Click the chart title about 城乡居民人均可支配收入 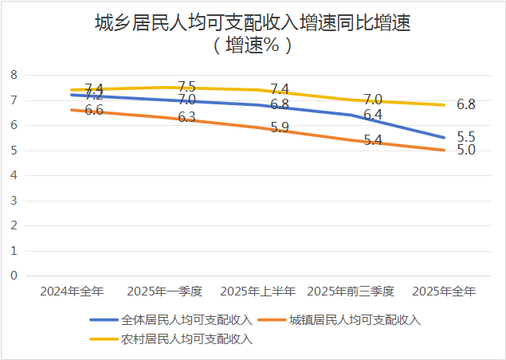coord(253,24)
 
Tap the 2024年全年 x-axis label coord(71,292)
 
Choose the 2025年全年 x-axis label coord(444,292)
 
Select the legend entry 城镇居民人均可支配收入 coord(355,321)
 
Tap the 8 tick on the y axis coord(14,75)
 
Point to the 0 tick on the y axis coord(14,276)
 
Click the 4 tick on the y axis coord(14,175)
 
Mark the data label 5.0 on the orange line coord(466,151)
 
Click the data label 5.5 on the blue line coord(466,137)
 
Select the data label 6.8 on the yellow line coord(466,104)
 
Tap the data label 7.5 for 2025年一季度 coord(187,86)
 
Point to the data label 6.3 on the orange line coord(187,117)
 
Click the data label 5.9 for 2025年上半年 coord(280,127)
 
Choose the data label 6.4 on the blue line coord(373,115)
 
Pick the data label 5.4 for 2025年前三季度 coord(373,140)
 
